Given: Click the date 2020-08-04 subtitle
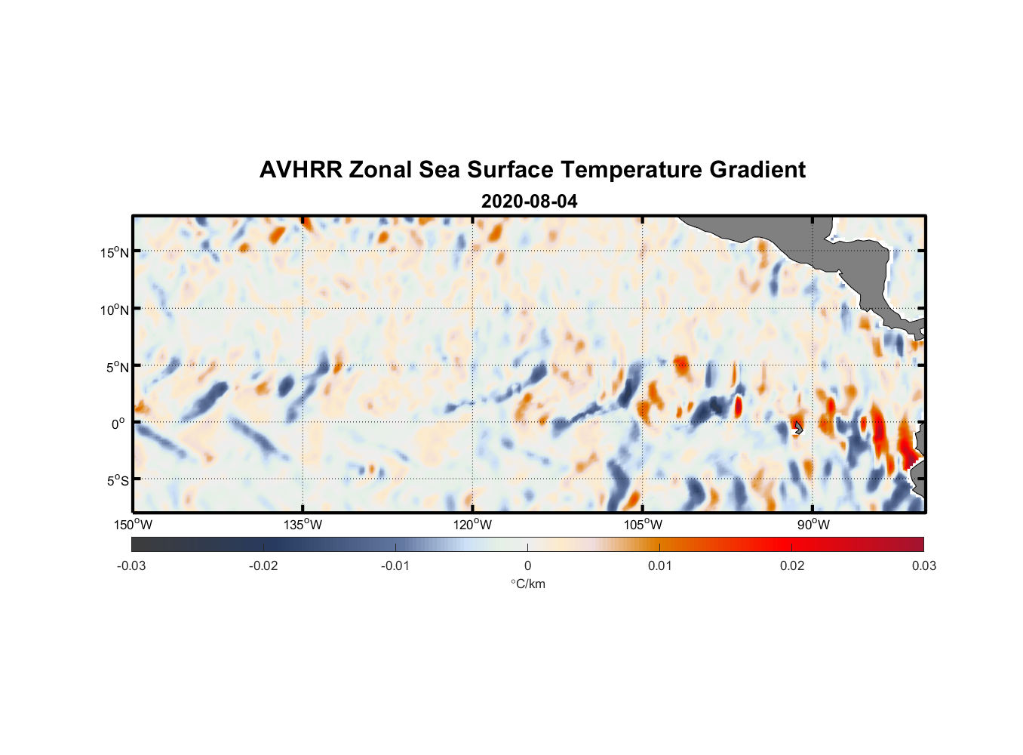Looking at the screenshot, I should [529, 202].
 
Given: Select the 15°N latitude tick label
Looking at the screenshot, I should [115, 252].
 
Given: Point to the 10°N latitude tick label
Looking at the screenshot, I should [115, 310].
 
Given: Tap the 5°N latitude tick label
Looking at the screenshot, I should [118, 367].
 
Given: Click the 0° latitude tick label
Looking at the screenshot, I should [118, 424].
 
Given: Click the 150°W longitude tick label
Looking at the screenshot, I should [133, 525].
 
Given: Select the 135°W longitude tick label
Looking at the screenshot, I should [303, 525].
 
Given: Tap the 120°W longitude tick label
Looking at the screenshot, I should [472, 525].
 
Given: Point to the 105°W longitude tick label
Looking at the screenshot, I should [643, 525].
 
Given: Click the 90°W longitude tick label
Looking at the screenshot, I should [813, 525].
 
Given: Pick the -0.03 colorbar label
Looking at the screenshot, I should [131, 565].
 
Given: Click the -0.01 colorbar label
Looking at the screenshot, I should [395, 565].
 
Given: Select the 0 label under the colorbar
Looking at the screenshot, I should [527, 565].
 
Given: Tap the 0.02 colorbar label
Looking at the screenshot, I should [792, 565].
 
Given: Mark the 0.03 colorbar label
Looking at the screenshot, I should [923, 565].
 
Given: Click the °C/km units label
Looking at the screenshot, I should [527, 584].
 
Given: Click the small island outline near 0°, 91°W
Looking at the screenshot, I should [797, 428].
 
